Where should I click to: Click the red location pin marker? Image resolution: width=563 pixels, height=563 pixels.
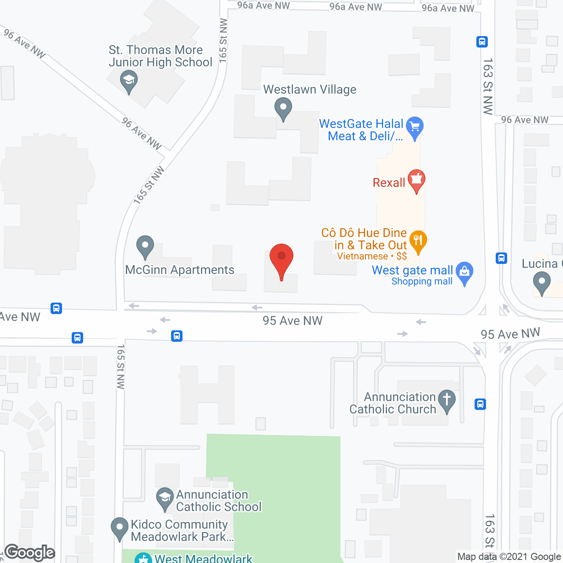point(281,257)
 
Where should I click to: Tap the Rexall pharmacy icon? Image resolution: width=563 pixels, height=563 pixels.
point(416,179)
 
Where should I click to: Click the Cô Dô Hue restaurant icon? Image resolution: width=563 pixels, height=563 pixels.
point(418,241)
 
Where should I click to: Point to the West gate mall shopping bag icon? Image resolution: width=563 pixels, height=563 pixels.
point(464,272)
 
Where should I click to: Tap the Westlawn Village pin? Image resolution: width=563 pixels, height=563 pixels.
point(283,107)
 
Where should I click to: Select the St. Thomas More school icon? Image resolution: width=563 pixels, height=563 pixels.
point(128,81)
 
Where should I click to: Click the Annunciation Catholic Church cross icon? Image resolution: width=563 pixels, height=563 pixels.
point(447,400)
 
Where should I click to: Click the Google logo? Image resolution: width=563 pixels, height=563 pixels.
point(30,552)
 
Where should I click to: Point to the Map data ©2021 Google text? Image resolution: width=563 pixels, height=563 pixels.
point(509,557)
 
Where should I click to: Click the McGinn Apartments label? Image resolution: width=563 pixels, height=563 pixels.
point(179,270)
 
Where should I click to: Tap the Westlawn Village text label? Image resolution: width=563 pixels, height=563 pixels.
point(310,89)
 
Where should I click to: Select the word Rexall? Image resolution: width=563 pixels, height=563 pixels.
point(389,183)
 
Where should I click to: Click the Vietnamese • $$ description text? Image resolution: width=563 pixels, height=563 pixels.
point(372,256)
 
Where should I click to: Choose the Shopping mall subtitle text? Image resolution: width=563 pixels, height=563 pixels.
point(422,281)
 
